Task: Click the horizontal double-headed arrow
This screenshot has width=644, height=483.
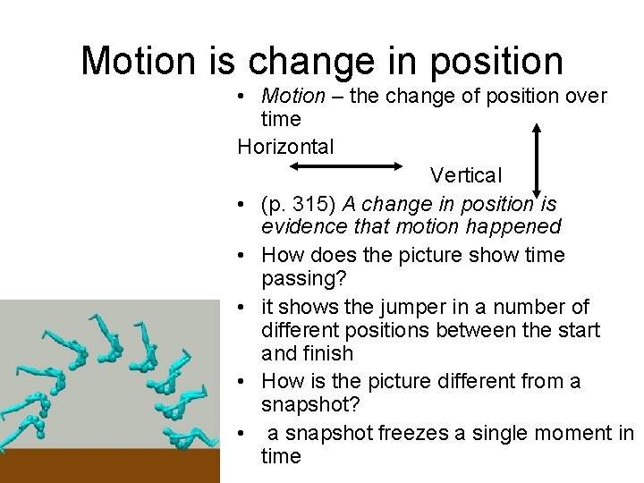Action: (347, 165)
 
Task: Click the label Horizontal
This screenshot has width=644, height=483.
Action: (285, 147)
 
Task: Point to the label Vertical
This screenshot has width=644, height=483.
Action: (466, 174)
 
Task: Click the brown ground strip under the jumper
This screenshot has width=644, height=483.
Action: (109, 465)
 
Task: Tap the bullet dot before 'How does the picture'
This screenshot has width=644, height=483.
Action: (243, 256)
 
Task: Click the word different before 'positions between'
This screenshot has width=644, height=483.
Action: (303, 331)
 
